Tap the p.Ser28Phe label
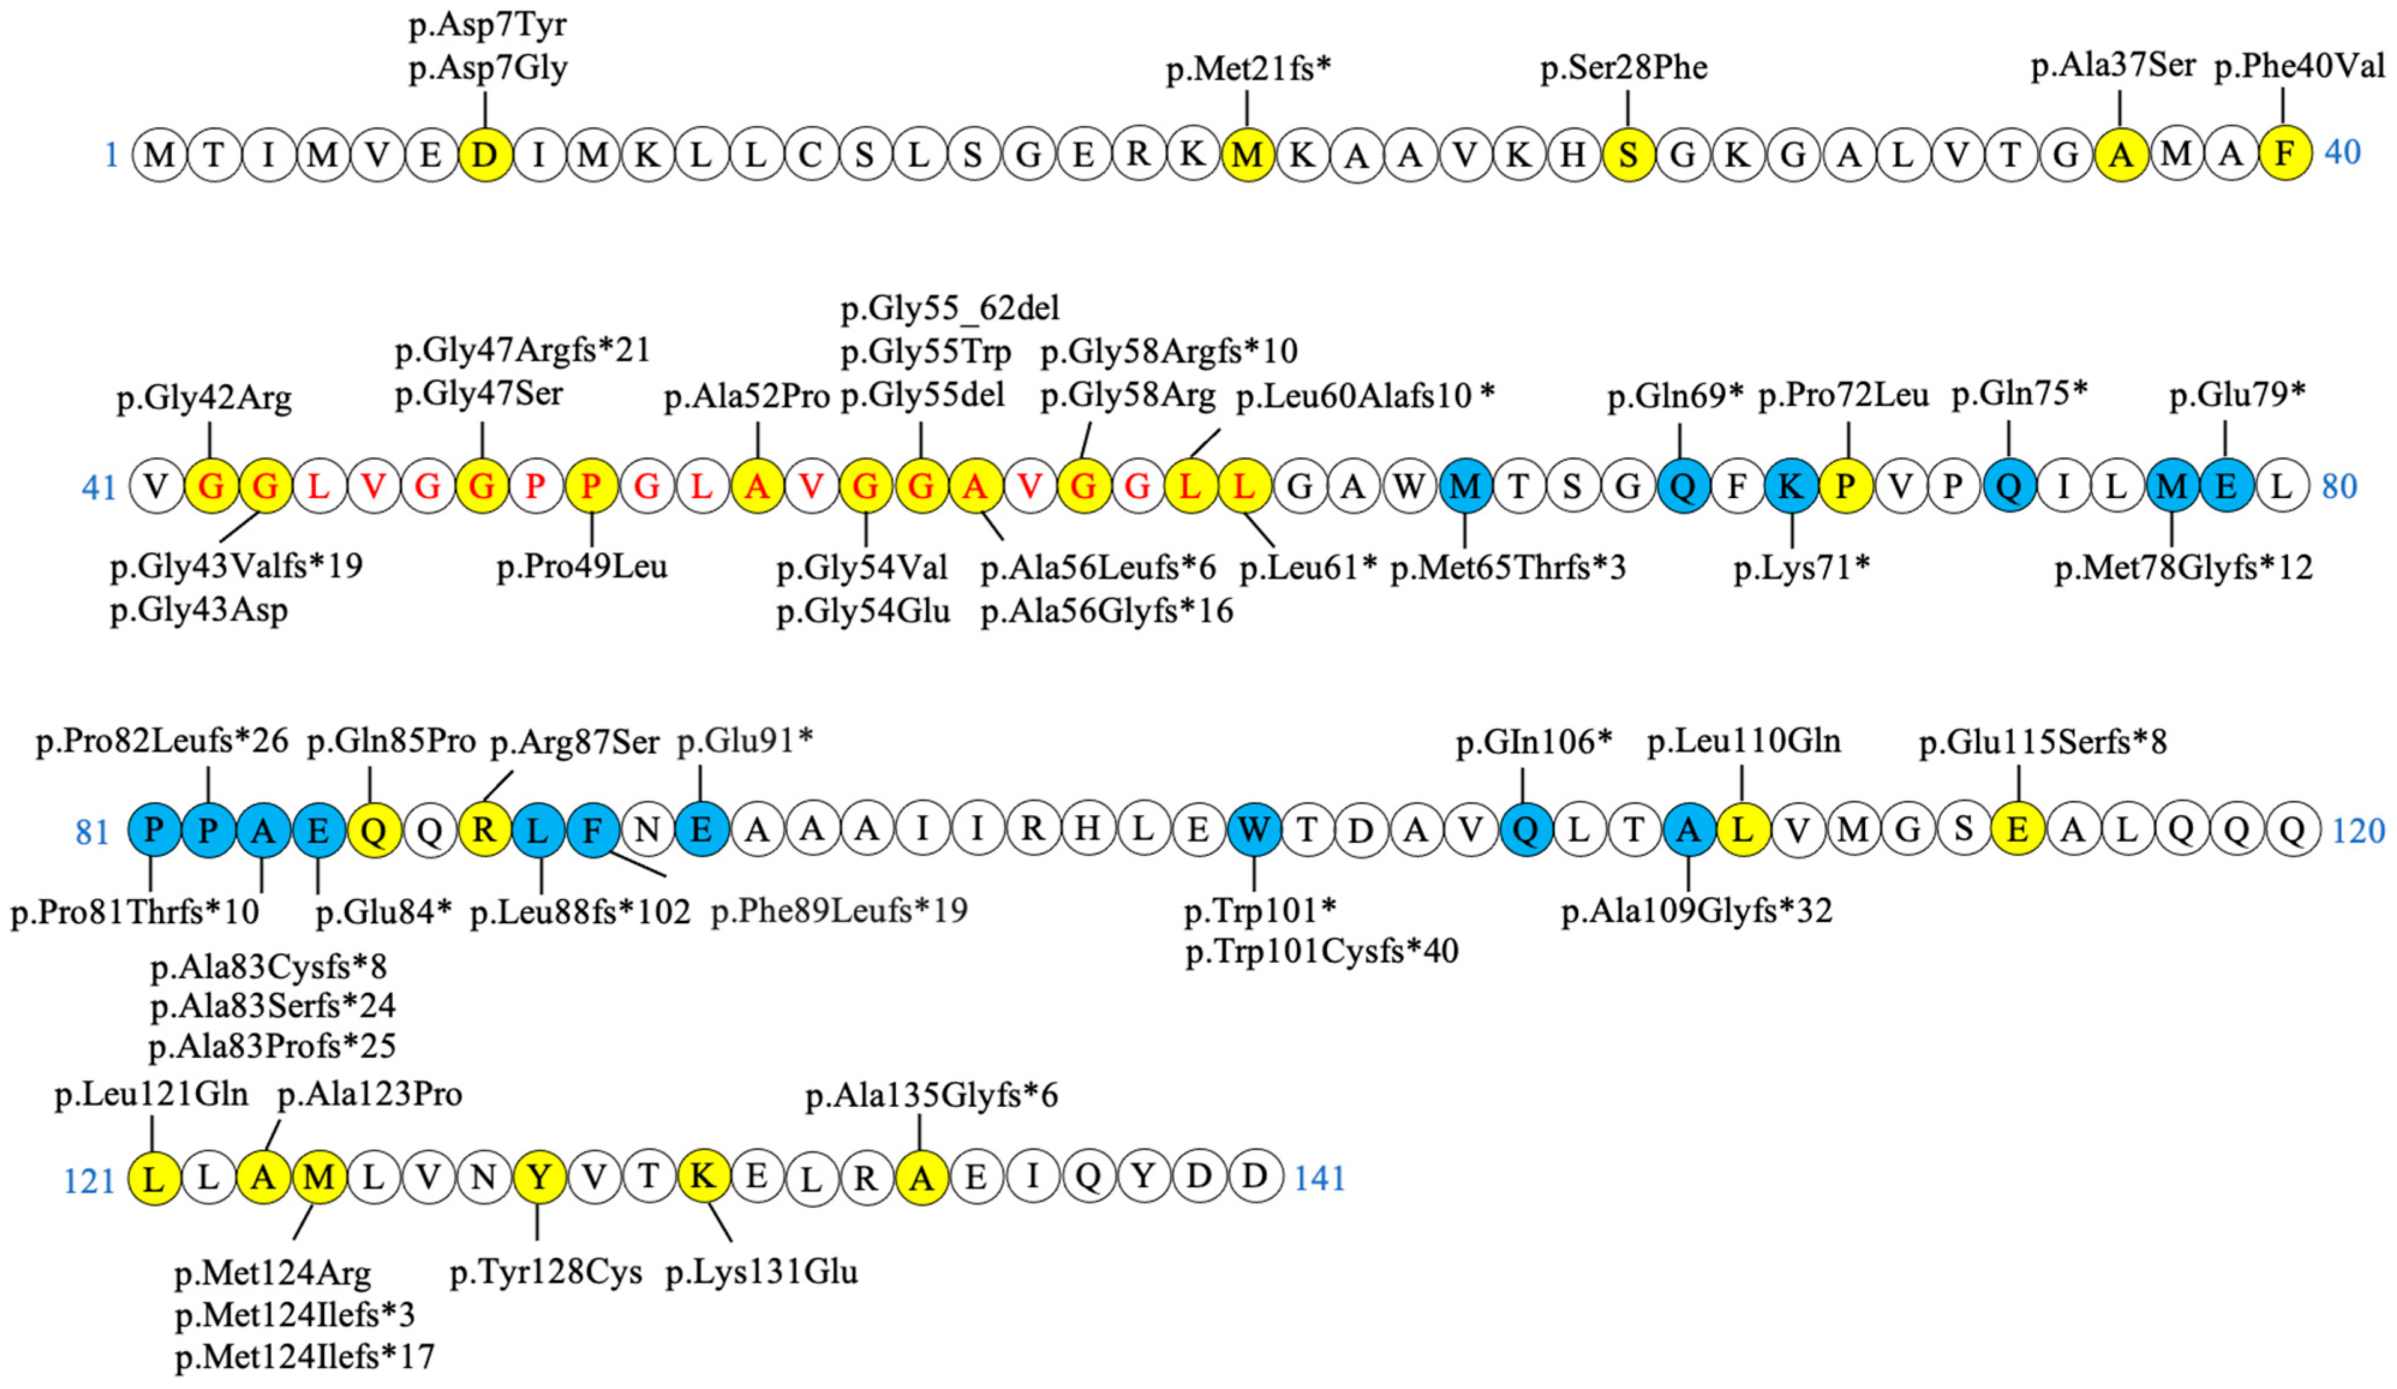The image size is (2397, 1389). click(x=1624, y=68)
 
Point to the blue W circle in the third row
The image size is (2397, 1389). click(x=1253, y=830)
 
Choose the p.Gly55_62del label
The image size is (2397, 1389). click(x=949, y=309)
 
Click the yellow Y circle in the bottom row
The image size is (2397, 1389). click(x=539, y=1178)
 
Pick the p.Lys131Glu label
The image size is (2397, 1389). click(x=761, y=1272)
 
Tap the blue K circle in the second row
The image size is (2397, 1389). click(x=1791, y=486)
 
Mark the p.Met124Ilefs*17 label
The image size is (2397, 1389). click(x=304, y=1357)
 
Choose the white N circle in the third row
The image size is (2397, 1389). click(x=647, y=830)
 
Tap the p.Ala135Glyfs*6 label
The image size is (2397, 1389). click(x=931, y=1096)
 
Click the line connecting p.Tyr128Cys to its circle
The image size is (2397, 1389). click(x=538, y=1222)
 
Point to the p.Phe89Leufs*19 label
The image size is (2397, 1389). click(x=839, y=911)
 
